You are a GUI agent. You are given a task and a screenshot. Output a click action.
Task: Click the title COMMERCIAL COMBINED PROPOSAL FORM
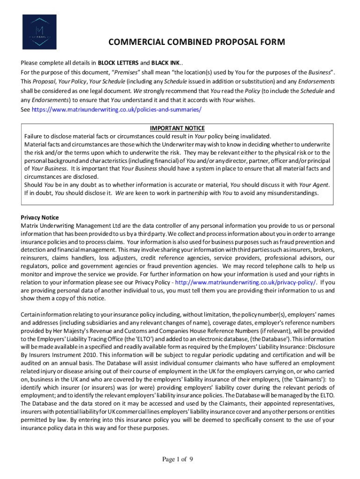[x=196, y=43]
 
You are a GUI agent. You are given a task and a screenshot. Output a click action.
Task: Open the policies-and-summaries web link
[x=117, y=109]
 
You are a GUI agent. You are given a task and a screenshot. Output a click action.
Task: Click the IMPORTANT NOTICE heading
[x=177, y=128]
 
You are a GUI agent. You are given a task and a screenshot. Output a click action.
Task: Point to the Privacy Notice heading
[x=39, y=218]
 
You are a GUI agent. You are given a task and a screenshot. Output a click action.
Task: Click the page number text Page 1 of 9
[x=178, y=459]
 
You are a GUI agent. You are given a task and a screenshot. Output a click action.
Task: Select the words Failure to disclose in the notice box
[x=48, y=136]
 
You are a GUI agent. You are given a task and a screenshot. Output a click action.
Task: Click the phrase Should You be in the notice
[x=43, y=185]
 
